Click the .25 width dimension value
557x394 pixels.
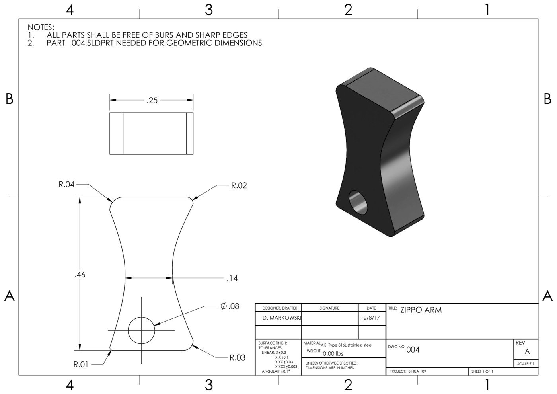(152, 101)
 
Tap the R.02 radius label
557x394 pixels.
(239, 185)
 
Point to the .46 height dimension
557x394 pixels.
(80, 275)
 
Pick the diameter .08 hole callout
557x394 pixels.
(230, 306)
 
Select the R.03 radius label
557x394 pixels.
(237, 357)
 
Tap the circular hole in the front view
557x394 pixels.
(141, 330)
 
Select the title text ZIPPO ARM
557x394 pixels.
(421, 310)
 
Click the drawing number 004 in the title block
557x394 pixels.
(413, 350)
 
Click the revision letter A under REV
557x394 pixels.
(527, 352)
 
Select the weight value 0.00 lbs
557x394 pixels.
(333, 353)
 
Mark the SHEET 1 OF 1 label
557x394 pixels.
(482, 371)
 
